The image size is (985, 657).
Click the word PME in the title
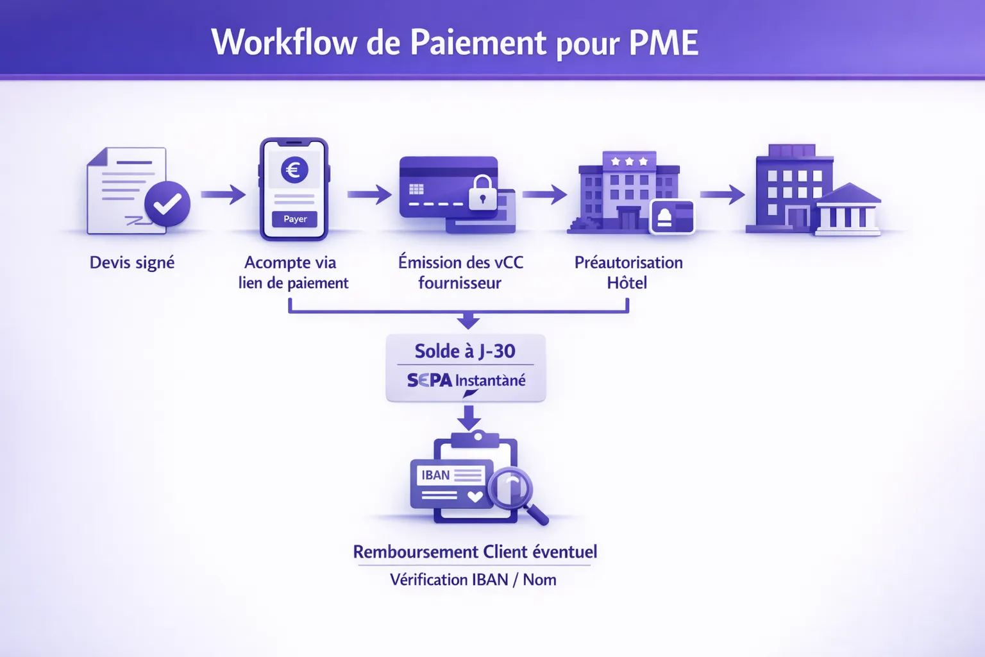click(664, 43)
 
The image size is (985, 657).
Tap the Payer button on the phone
click(295, 219)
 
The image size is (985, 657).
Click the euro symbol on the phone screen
click(294, 170)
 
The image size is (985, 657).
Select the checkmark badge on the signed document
click(167, 204)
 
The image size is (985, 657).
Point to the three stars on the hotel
click(629, 162)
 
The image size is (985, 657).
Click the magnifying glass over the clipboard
click(512, 490)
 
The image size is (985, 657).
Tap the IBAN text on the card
click(435, 475)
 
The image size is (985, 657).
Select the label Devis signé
click(132, 262)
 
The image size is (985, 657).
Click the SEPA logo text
click(430, 380)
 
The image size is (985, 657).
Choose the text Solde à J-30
click(465, 351)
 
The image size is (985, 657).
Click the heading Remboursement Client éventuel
click(475, 552)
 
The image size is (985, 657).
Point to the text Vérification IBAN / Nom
click(473, 579)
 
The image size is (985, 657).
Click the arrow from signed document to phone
click(223, 194)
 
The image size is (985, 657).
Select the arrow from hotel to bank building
click(722, 194)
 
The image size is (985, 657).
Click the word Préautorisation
click(628, 262)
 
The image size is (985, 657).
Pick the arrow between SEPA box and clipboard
click(469, 418)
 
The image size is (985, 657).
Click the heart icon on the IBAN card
click(475, 496)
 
